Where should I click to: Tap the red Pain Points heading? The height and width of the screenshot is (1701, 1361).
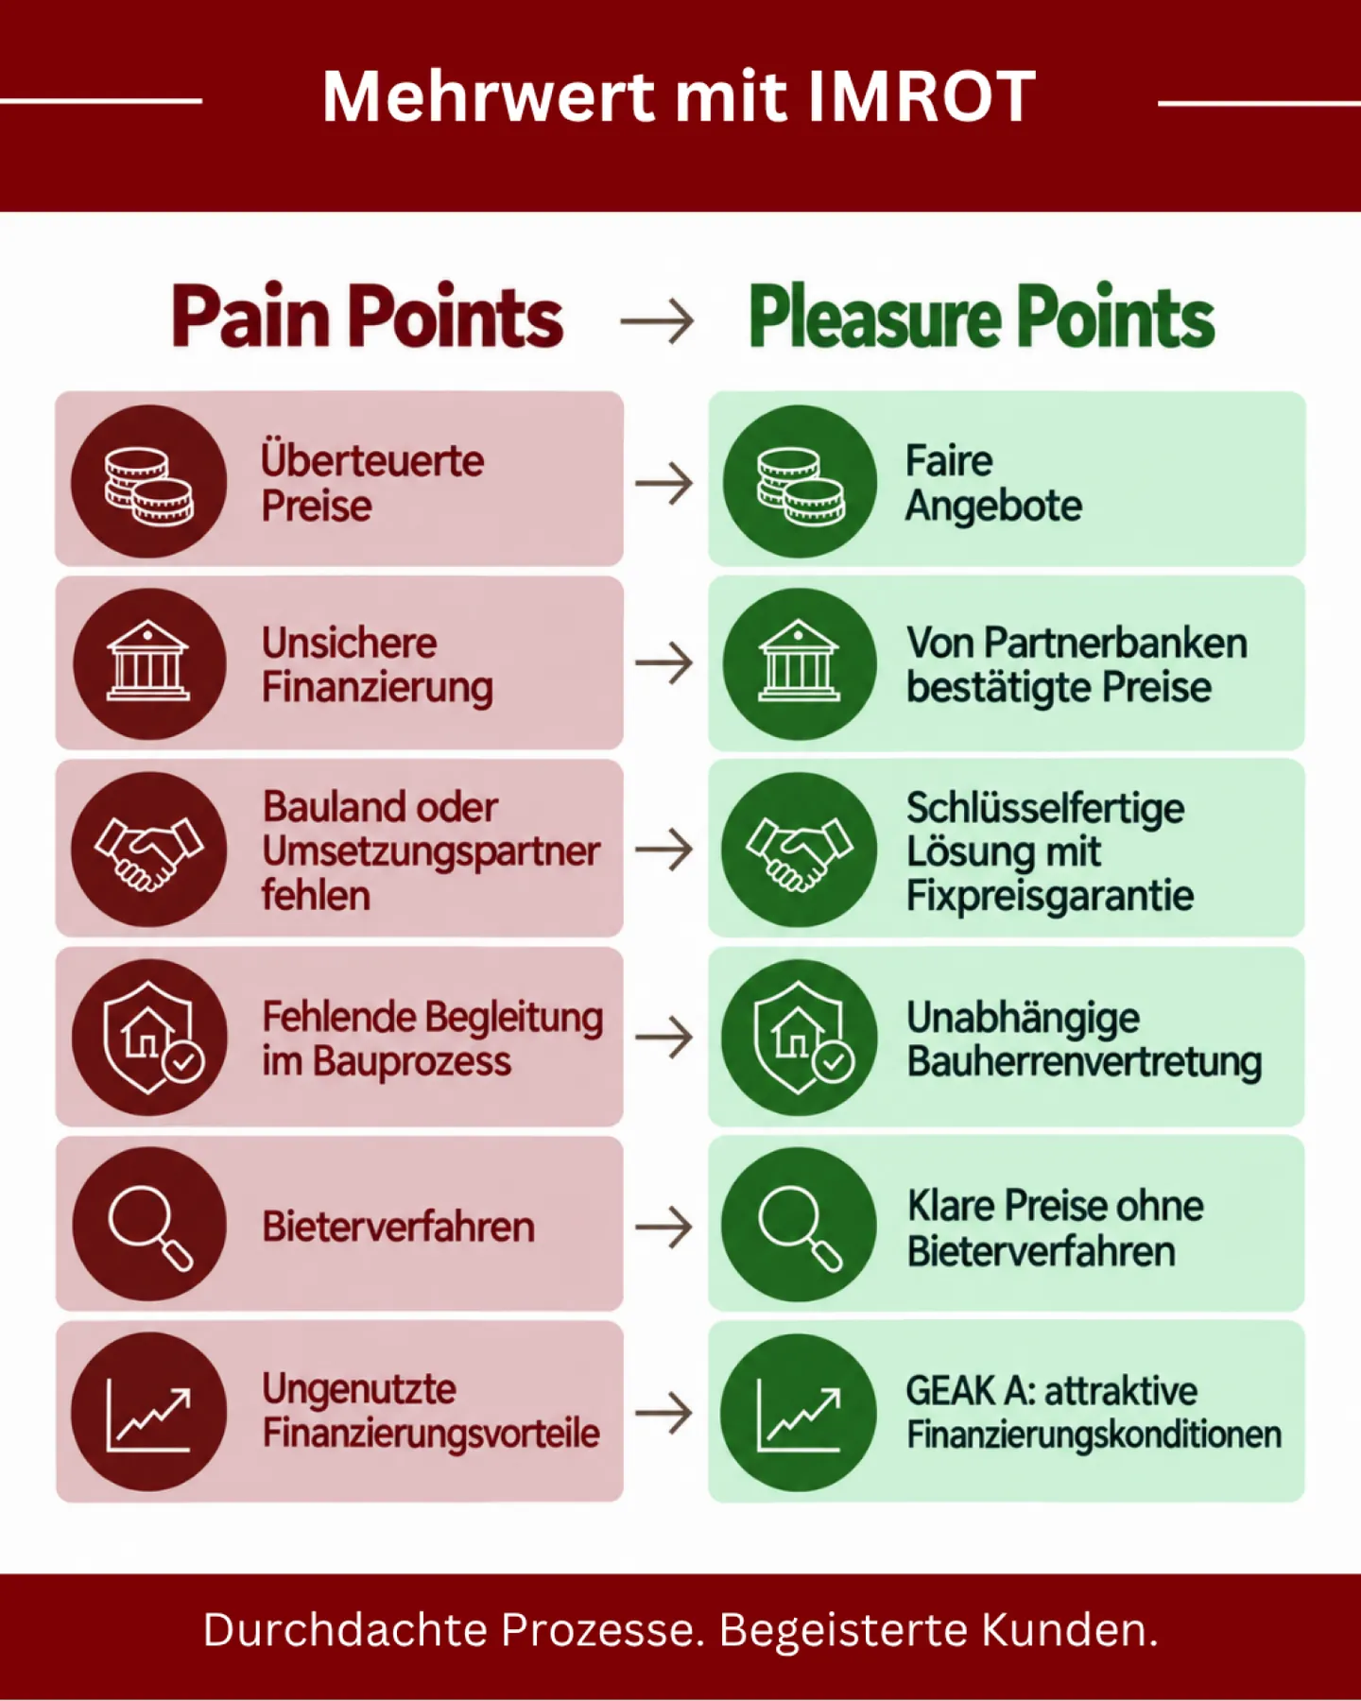368,317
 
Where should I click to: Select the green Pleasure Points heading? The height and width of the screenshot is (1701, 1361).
982,318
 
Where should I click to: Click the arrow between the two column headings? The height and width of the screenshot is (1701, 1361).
657,321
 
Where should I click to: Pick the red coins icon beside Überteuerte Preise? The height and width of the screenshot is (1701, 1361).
149,481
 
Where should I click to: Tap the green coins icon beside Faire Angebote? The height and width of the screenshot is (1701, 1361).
801,481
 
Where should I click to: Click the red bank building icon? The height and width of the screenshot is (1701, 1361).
149,663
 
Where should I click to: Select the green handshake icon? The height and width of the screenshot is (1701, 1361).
800,849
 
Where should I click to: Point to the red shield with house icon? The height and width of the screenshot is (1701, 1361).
149,1037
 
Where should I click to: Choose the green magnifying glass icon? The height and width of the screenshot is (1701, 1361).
800,1225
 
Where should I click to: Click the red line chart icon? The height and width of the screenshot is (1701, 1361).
149,1412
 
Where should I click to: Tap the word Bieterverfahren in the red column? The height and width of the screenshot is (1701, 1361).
398,1227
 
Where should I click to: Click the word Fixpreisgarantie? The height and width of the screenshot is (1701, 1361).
1050,895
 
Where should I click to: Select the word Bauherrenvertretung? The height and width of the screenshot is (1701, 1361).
1084,1061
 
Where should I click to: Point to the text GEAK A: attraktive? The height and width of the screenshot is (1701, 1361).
1051,1391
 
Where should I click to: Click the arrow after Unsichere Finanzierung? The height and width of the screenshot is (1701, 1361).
663,663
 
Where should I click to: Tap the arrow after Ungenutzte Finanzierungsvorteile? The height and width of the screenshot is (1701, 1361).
663,1413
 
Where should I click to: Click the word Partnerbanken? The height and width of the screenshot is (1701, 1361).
1115,644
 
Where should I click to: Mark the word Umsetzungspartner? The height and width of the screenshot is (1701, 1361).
431,852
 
